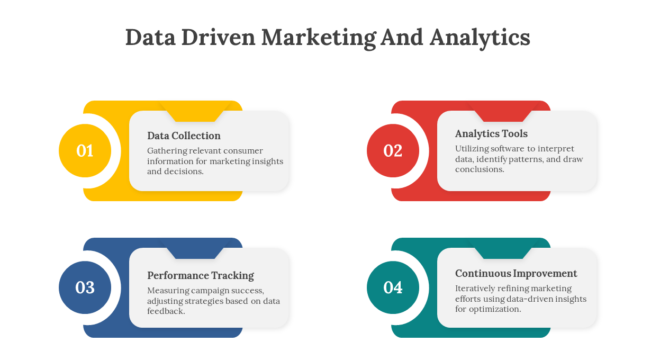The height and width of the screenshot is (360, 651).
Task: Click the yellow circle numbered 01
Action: pos(85,151)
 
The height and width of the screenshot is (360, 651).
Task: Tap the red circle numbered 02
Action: pos(393,151)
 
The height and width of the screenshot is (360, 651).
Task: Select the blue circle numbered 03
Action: pos(85,287)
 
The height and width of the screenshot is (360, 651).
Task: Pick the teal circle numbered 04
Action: pos(393,287)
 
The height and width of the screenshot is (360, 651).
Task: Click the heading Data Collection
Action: pos(184,136)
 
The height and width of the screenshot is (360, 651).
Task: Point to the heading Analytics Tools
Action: pos(491,134)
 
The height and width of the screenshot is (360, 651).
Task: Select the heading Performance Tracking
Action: pos(201,276)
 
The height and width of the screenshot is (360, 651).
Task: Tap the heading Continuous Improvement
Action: pos(516,274)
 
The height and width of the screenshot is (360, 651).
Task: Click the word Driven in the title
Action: pos(218,38)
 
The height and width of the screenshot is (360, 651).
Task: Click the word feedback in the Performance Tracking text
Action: pos(166,311)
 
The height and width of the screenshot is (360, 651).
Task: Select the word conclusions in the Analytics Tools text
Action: pos(480,169)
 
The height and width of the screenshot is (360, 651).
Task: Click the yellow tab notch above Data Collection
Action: pos(195,111)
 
